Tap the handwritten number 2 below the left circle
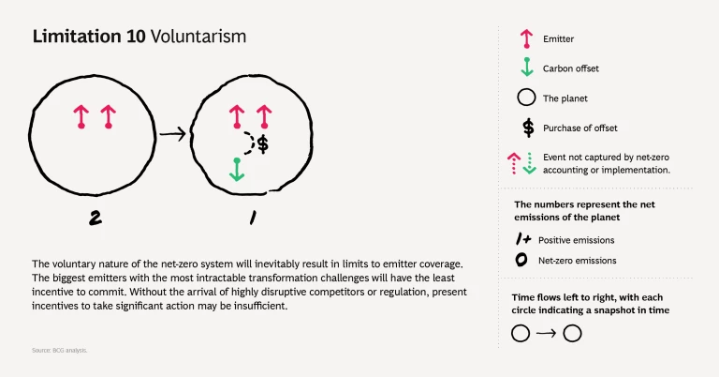click(95, 218)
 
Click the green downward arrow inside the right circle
click(237, 170)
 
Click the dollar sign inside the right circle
click(263, 143)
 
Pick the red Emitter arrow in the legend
click(526, 39)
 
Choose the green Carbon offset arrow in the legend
click(526, 68)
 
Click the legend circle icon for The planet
click(526, 98)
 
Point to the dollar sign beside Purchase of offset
click(527, 128)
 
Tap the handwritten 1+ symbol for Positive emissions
click(525, 238)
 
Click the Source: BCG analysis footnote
click(58, 350)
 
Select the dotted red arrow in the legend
click(514, 162)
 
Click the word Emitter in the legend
click(560, 39)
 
